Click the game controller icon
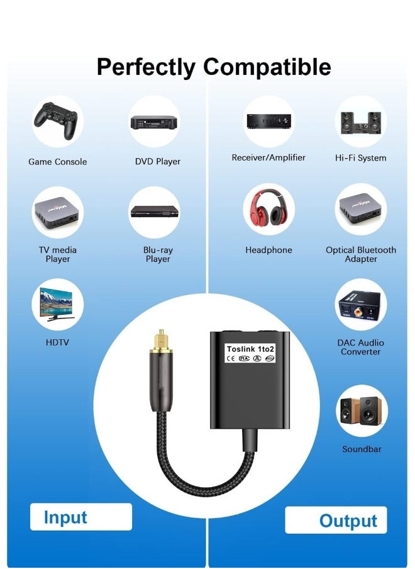56,120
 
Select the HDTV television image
57,304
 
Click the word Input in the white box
65,517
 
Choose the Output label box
336,520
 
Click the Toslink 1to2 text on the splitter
250,349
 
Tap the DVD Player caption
158,162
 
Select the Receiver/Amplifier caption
268,157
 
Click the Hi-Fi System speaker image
361,122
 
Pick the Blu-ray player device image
155,211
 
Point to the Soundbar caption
362,449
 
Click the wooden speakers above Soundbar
361,410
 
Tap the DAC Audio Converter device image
360,305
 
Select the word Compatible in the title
267,67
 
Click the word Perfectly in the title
146,68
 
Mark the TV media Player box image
57,213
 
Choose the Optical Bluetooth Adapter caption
361,254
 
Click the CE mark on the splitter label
231,359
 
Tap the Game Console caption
58,162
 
